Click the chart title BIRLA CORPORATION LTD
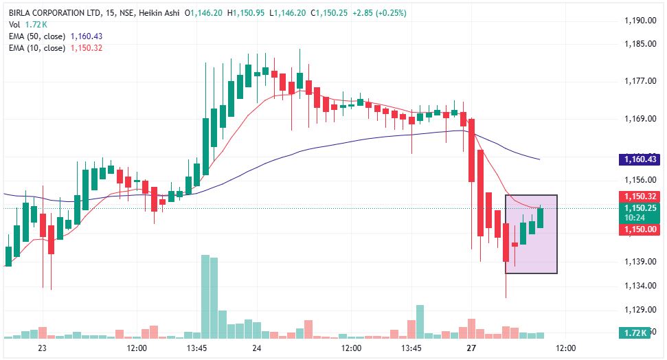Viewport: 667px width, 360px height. pos(54,13)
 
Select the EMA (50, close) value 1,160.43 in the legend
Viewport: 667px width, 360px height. pos(87,36)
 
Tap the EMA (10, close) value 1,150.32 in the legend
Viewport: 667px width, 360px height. pos(87,48)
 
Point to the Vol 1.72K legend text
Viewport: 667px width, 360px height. pos(27,25)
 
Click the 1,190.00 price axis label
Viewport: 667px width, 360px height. pos(640,21)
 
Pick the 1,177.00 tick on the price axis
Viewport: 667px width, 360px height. pos(640,81)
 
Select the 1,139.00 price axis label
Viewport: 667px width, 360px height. pos(640,261)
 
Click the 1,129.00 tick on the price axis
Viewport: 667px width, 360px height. pos(640,309)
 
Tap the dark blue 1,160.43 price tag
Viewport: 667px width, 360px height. pos(640,159)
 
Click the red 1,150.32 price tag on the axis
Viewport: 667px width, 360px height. pos(640,196)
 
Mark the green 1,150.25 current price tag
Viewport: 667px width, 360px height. pos(640,212)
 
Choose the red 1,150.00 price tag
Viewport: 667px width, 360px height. pos(640,229)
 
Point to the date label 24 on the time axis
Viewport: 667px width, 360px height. pos(256,348)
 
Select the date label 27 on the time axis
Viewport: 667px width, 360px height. pos(471,348)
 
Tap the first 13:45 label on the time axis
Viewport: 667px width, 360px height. pos(196,348)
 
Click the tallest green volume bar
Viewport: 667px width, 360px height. pos(205,297)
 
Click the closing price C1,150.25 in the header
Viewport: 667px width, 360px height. pos(329,13)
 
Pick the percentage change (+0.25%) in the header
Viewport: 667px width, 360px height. pos(391,13)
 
